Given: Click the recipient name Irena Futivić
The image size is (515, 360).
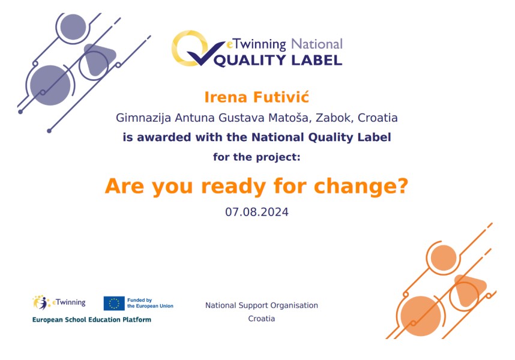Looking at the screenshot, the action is [256, 97].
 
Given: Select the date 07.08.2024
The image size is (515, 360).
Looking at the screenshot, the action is [257, 212].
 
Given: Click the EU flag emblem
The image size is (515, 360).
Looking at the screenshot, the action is [114, 303].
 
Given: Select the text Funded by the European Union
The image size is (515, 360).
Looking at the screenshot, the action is [150, 303].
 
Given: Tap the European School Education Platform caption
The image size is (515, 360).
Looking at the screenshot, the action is [92, 320].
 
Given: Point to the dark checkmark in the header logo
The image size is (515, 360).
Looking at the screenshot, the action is [205, 54].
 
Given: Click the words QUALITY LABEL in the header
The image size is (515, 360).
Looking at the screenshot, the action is [278, 60].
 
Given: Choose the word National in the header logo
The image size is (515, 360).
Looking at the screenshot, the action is [316, 44].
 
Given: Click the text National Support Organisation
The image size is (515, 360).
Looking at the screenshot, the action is [262, 305].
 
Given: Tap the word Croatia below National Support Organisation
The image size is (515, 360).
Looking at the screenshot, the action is [262, 319].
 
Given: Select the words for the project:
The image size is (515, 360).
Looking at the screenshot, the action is [256, 157].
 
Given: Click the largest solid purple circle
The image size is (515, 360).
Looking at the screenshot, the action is [50, 85].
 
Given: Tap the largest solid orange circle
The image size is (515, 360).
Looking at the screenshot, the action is [421, 316].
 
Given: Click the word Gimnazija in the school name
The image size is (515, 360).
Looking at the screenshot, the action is [143, 118].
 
